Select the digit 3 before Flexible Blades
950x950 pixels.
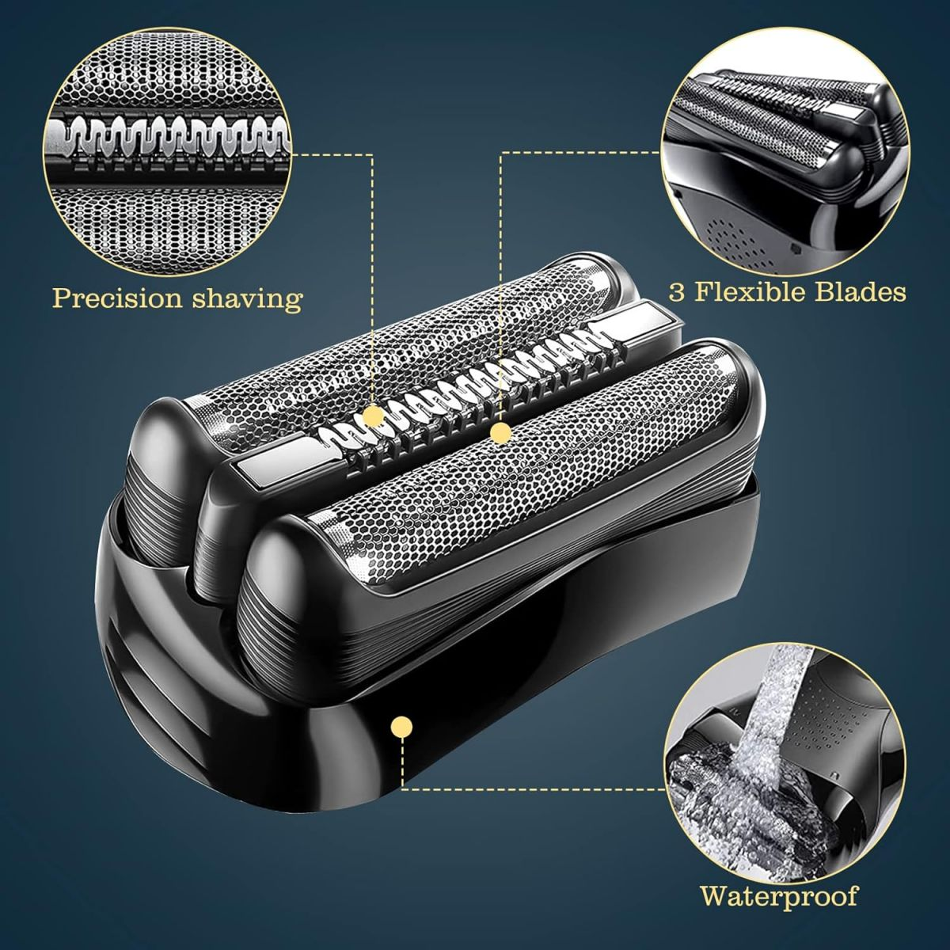click(x=678, y=292)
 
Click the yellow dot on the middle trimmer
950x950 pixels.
click(x=373, y=416)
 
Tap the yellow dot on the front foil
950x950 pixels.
click(x=501, y=433)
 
